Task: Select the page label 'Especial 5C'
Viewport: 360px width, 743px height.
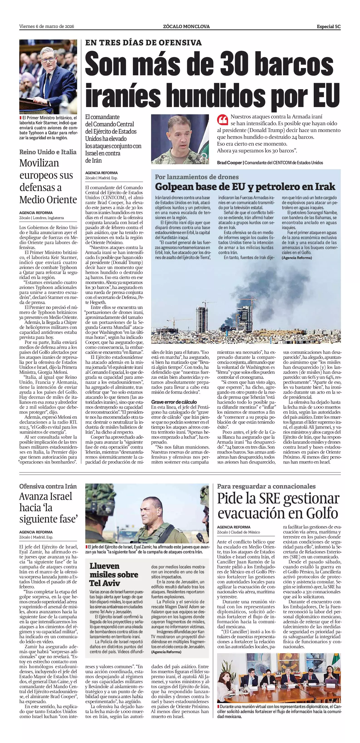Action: click(328, 27)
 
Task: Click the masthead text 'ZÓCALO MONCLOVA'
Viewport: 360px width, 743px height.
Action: click(186, 27)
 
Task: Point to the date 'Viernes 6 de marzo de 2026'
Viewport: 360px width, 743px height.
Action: click(47, 27)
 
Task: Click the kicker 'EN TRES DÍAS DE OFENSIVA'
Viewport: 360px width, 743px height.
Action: click(143, 43)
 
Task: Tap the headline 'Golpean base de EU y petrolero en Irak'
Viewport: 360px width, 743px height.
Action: click(245, 187)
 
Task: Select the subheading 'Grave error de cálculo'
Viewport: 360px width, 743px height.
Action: click(174, 402)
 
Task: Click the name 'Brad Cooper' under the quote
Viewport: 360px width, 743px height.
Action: click(229, 163)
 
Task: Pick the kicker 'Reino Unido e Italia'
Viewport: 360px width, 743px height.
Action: click(48, 152)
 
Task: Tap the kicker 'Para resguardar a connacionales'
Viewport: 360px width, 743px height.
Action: click(266, 486)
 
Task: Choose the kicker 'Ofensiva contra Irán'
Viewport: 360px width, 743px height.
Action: click(48, 486)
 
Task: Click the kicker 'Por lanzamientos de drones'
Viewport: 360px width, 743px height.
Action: click(197, 177)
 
